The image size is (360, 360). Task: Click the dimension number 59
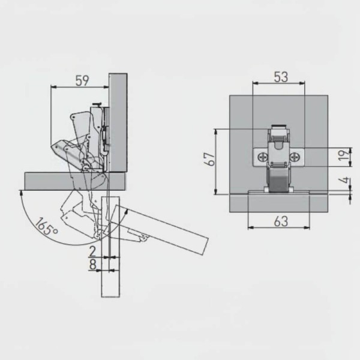click(x=82, y=80)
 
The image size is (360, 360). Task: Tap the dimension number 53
click(x=281, y=77)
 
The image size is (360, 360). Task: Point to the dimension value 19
click(x=344, y=155)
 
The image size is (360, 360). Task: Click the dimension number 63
click(x=281, y=221)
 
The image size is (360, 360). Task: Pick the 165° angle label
click(x=47, y=227)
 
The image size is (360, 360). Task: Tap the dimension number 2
click(x=92, y=251)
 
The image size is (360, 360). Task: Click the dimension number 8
click(x=92, y=265)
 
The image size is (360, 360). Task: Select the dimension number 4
click(x=344, y=181)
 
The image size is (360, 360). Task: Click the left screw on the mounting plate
click(x=263, y=157)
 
